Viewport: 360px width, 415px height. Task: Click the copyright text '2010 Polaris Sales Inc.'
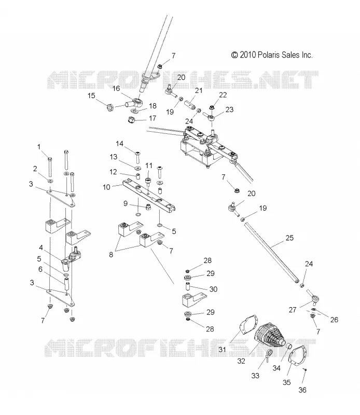276,55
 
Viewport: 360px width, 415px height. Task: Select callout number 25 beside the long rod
289,238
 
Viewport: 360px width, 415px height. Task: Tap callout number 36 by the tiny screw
302,390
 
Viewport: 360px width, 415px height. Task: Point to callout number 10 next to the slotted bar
106,187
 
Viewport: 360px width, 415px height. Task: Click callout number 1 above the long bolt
39,147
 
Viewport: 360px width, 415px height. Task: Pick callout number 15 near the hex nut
91,95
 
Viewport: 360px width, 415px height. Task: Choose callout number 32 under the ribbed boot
241,361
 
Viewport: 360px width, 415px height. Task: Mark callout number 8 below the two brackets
111,255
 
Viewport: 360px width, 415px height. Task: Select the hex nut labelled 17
132,120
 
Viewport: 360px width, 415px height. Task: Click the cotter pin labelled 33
268,355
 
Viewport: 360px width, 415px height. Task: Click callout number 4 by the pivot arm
41,248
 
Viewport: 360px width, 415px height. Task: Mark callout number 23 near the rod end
229,109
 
